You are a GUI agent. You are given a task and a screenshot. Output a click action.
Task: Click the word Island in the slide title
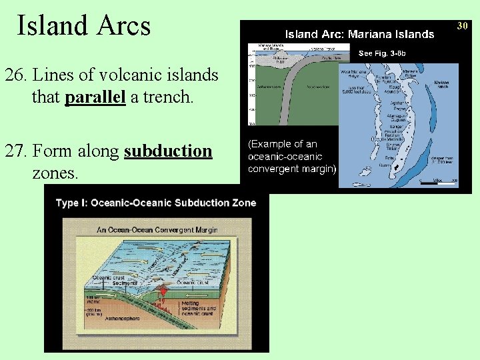(x=53, y=26)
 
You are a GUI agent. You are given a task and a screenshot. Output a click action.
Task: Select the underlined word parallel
(x=95, y=97)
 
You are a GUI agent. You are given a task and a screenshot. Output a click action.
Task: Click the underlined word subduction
(x=168, y=151)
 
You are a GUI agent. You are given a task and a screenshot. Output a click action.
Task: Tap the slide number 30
(x=463, y=25)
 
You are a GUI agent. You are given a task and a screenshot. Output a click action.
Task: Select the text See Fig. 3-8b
(x=382, y=53)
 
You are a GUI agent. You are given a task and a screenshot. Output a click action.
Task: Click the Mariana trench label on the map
(x=441, y=84)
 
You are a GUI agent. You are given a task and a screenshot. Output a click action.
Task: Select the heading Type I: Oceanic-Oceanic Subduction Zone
(x=156, y=203)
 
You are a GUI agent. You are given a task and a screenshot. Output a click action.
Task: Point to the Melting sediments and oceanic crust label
(x=201, y=308)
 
